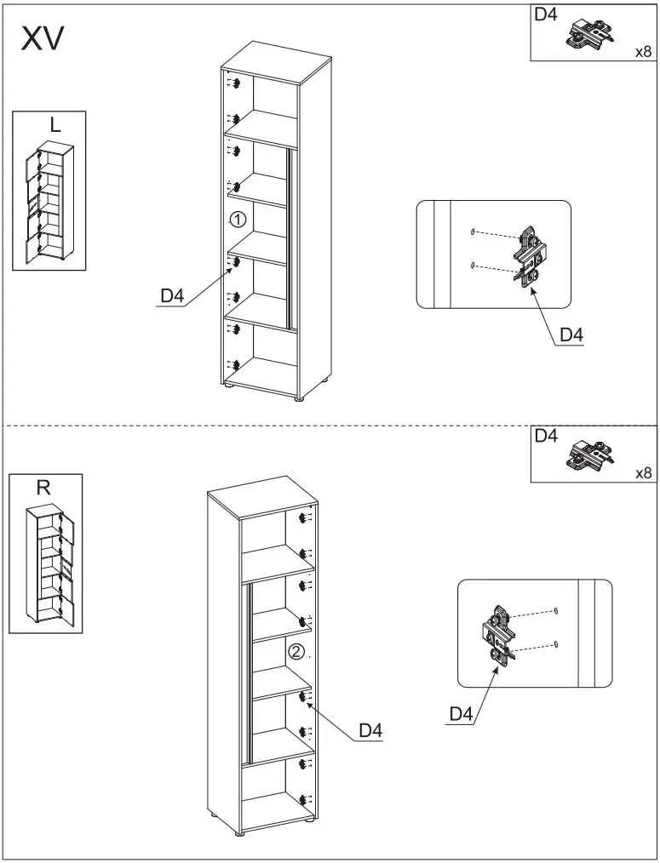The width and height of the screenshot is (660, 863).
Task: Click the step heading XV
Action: (43, 39)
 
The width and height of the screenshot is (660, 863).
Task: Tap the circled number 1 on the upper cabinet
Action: (238, 220)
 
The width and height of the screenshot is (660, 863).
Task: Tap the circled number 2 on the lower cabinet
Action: (296, 653)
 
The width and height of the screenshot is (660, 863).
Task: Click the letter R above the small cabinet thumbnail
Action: (43, 488)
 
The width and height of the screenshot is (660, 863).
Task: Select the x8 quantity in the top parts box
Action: (643, 52)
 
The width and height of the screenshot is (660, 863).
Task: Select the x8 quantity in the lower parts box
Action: (643, 473)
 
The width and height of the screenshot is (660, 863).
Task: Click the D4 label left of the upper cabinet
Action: (172, 296)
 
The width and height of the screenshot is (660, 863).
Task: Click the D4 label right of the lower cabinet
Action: (370, 730)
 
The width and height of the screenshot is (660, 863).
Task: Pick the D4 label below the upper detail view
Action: (571, 335)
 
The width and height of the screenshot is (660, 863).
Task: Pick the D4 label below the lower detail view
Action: (460, 715)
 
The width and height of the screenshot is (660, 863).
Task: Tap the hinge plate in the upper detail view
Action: (531, 255)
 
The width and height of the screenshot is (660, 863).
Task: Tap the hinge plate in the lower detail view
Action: (498, 634)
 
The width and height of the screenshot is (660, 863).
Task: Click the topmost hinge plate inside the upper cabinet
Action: (236, 83)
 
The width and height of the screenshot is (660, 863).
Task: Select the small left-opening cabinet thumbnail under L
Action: (49, 203)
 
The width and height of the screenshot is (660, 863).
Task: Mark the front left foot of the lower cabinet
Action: (215, 814)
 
